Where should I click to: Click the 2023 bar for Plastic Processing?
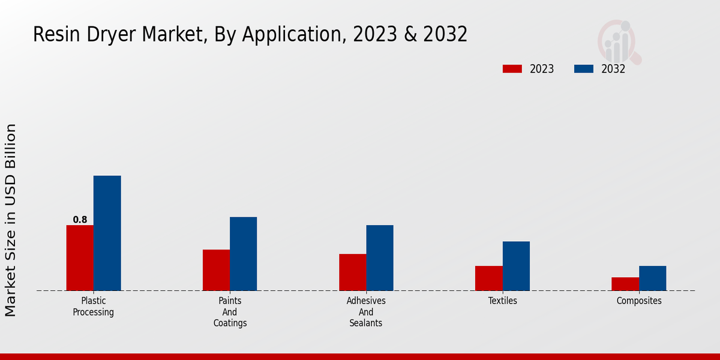[80, 258]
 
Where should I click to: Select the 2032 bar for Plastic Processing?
[107, 233]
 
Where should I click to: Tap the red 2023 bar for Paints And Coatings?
[216, 270]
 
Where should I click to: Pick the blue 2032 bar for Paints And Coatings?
[243, 254]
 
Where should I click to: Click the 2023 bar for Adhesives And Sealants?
[352, 272]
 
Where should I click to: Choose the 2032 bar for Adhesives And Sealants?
[380, 258]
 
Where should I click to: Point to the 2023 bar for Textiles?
[488, 278]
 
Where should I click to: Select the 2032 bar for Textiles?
[516, 266]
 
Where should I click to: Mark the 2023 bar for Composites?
[625, 284]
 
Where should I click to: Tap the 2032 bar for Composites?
[652, 278]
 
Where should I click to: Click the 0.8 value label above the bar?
[80, 220]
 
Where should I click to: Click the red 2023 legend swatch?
[512, 69]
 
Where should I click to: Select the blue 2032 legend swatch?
[584, 69]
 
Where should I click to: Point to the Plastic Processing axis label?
[94, 307]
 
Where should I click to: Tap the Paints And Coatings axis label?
[230, 312]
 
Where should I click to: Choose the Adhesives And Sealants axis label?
[366, 312]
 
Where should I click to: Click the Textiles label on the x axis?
[502, 301]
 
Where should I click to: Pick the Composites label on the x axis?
[639, 301]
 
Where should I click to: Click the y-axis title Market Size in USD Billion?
[11, 220]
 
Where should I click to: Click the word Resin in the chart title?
[56, 35]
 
